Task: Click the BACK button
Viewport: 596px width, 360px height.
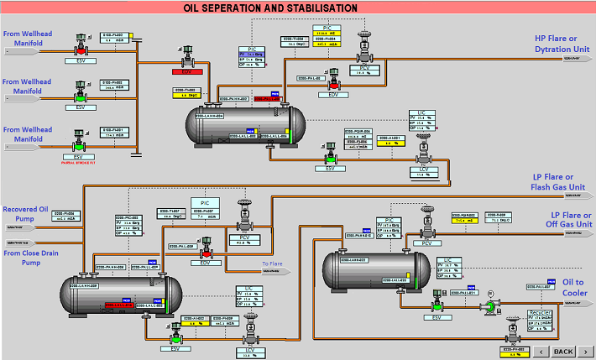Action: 562,351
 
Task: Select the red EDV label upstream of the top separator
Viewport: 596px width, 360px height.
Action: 189,73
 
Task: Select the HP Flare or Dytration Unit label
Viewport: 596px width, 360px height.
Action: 563,44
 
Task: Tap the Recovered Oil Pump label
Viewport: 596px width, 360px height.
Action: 31,215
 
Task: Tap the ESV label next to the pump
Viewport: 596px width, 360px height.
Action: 437,317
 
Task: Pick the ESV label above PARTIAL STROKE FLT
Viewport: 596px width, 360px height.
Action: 80,157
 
